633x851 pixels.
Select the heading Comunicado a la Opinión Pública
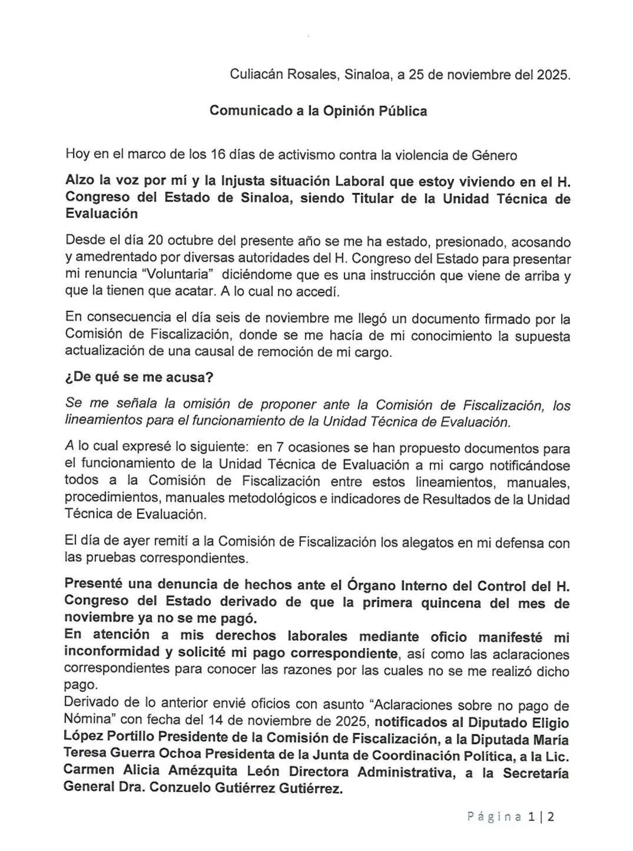318,111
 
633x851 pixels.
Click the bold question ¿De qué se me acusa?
128,377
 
